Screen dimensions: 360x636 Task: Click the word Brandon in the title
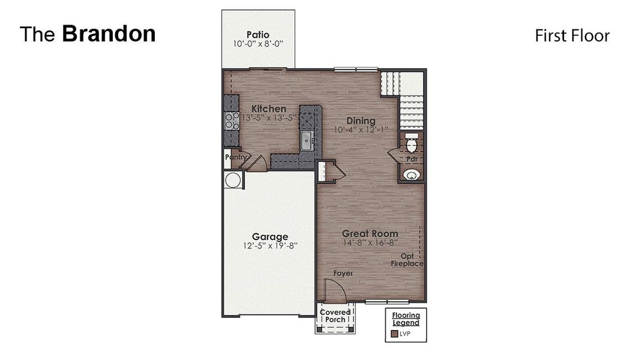point(109,34)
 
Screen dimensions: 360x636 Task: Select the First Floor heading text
point(572,36)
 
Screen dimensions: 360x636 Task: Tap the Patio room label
point(258,34)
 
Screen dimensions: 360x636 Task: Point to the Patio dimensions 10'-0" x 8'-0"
point(258,44)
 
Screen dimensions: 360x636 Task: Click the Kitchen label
point(268,109)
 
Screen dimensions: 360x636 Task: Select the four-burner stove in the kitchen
point(231,121)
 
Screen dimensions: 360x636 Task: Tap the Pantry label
point(236,157)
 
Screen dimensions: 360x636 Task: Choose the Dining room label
point(360,120)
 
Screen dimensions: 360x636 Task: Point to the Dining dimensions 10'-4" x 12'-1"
point(361,129)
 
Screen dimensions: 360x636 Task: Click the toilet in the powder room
point(412,143)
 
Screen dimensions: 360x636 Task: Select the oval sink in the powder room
point(412,175)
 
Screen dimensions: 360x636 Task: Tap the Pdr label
point(412,160)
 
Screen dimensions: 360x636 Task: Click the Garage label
point(269,236)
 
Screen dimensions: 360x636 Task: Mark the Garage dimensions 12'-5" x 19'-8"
point(269,245)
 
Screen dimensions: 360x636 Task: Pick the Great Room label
point(370,233)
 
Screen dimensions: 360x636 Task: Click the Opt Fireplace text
point(407,260)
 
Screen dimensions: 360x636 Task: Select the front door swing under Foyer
point(335,292)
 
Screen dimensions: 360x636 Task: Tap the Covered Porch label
point(335,316)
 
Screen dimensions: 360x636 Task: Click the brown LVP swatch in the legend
point(394,334)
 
